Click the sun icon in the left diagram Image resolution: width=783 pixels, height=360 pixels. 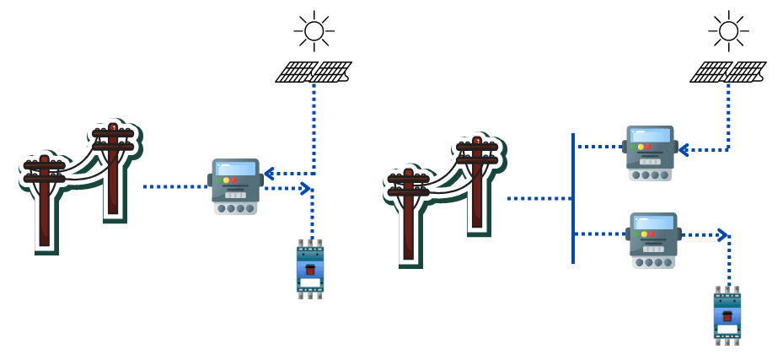click(314, 31)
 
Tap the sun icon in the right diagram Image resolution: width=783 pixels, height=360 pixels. click(728, 31)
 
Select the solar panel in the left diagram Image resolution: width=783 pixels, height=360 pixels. click(313, 72)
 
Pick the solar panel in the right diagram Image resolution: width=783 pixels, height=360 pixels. click(727, 72)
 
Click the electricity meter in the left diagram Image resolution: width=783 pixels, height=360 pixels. click(235, 186)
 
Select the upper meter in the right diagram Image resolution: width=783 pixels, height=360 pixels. click(650, 153)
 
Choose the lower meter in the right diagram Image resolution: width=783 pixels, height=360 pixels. click(653, 239)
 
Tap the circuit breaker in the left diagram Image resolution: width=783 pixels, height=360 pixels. click(310, 269)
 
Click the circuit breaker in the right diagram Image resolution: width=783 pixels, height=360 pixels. click(727, 314)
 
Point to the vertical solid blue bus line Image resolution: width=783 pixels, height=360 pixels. click(573, 198)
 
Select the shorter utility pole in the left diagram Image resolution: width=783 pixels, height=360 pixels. click(44, 202)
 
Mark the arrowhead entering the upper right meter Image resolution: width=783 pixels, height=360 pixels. click(684, 150)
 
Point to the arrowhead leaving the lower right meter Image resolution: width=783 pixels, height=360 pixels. click(721, 234)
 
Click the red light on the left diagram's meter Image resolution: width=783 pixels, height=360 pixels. click(234, 180)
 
